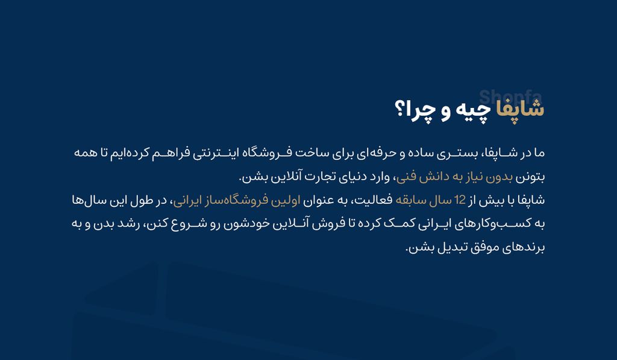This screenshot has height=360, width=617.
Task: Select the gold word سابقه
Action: point(411,200)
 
